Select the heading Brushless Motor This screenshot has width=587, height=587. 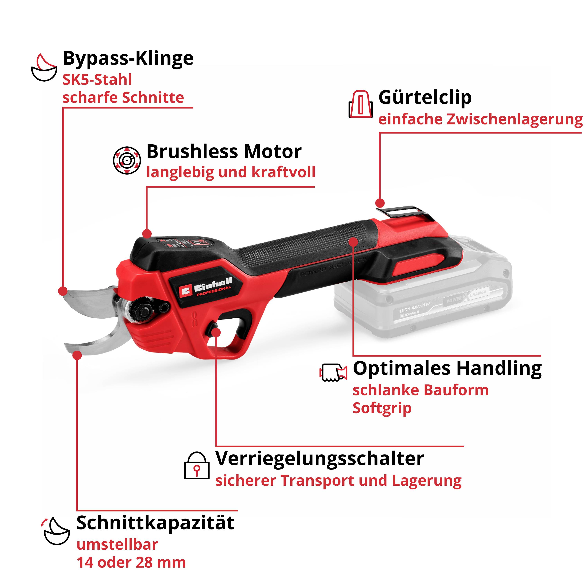pyautogui.click(x=224, y=152)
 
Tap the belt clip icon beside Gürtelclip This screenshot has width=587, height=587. pyautogui.click(x=360, y=104)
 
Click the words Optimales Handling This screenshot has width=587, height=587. pyautogui.click(x=447, y=369)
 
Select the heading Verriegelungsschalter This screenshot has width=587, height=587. pyautogui.click(x=320, y=459)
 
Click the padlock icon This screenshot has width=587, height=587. pyautogui.click(x=197, y=466)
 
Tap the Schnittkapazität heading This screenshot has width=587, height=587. pyautogui.click(x=155, y=523)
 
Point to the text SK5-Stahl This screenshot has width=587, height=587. pyautogui.click(x=97, y=80)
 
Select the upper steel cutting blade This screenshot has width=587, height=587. pyautogui.click(x=88, y=301)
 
